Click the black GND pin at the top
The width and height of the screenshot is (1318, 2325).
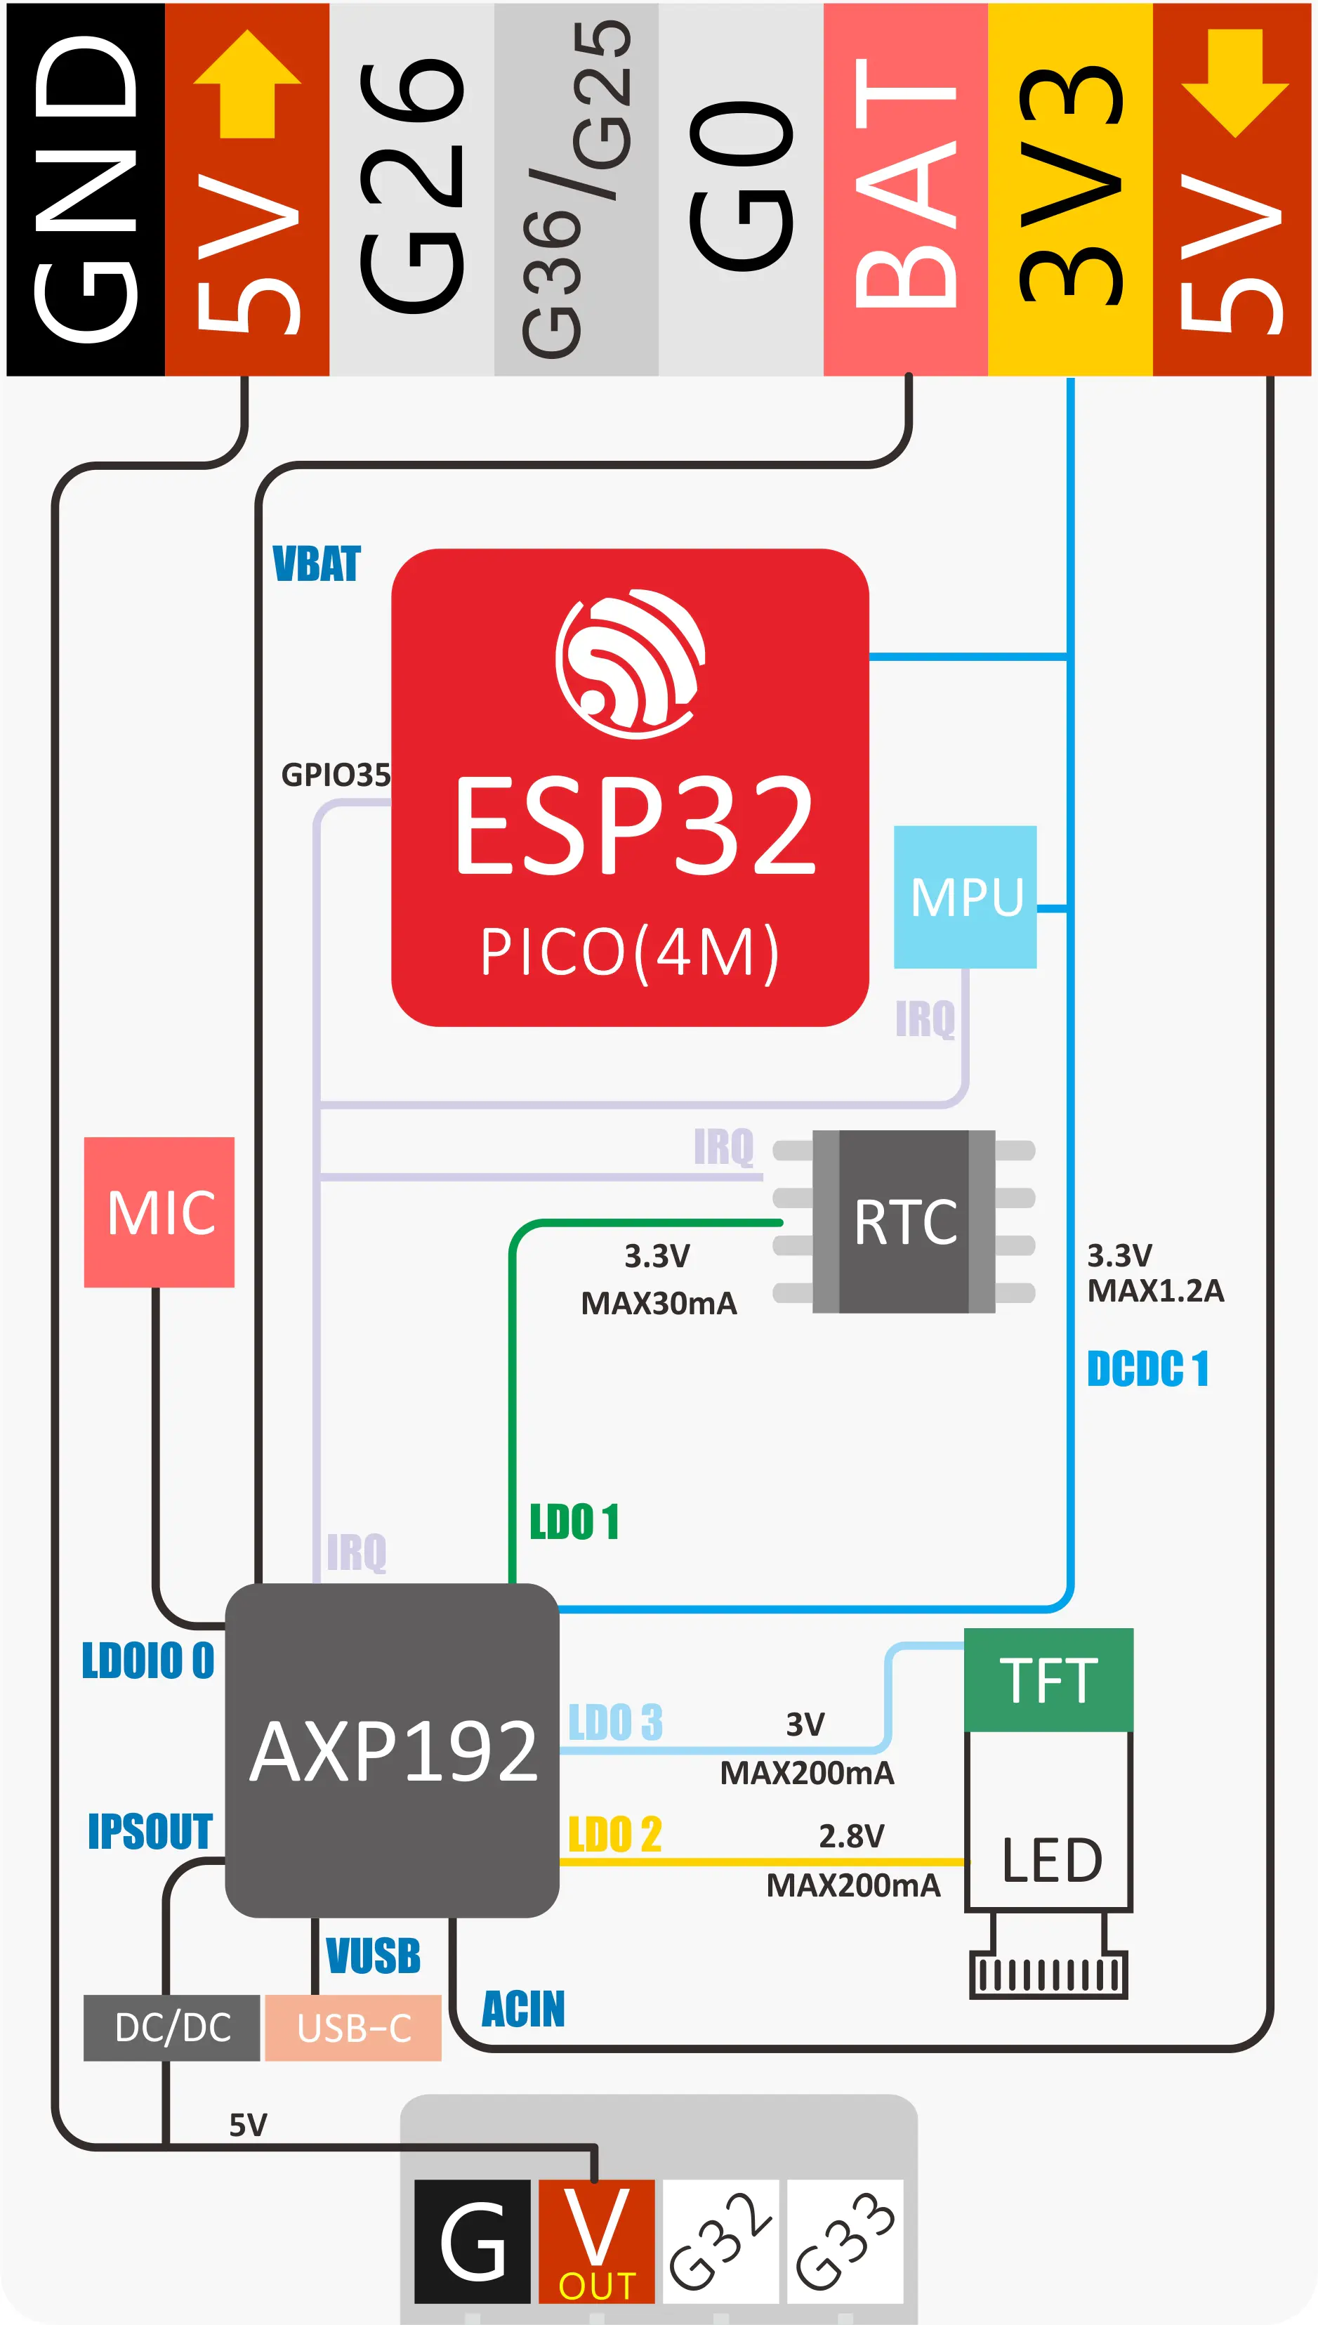click(x=85, y=190)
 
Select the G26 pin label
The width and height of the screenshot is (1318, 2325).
click(x=412, y=190)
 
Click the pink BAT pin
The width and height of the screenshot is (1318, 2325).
click(x=905, y=190)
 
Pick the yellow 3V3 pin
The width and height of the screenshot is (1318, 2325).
click(x=1070, y=190)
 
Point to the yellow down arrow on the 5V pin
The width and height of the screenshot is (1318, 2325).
click(x=1234, y=84)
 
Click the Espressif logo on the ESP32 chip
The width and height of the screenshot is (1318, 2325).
click(x=630, y=663)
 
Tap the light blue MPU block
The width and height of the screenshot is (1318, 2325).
click(x=965, y=896)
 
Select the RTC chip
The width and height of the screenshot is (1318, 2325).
click(x=904, y=1222)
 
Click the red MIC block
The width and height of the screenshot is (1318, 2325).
click(x=159, y=1212)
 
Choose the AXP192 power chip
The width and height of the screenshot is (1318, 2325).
click(x=392, y=1750)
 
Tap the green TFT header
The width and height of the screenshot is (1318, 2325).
click(x=1048, y=1679)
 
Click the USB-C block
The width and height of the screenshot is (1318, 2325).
click(x=353, y=2028)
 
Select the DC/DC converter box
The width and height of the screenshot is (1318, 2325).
click(x=172, y=2028)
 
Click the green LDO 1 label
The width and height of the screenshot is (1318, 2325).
click(x=574, y=1522)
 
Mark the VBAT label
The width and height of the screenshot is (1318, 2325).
click(x=316, y=564)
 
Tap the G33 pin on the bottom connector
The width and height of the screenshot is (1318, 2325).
click(x=845, y=2241)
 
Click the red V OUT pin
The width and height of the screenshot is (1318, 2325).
click(x=597, y=2241)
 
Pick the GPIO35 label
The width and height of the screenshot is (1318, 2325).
click(x=336, y=775)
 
